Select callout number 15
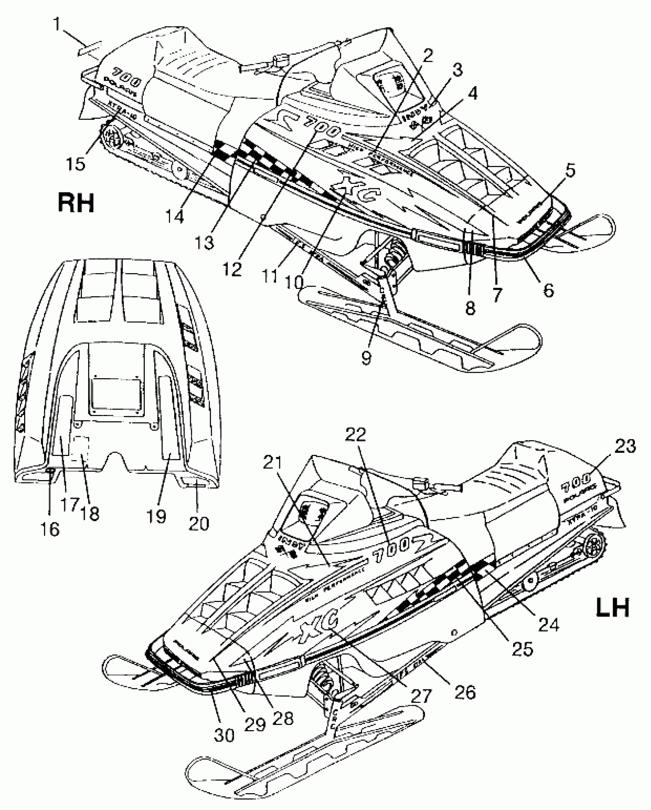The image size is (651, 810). pyautogui.click(x=75, y=164)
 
